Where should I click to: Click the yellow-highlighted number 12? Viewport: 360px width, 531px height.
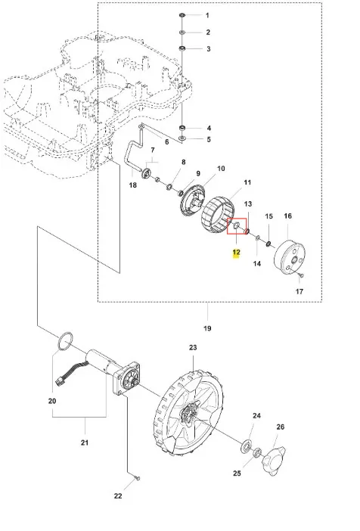click(236, 253)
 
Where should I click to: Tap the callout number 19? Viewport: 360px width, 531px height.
click(207, 328)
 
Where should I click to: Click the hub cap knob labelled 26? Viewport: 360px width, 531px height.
click(273, 458)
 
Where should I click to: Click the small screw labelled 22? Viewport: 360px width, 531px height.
click(138, 478)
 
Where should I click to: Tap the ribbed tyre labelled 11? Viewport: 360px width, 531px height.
click(219, 216)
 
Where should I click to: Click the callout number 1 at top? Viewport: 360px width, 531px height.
click(207, 15)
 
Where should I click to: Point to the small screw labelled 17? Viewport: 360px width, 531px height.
click(301, 275)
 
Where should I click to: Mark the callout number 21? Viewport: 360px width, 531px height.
click(84, 442)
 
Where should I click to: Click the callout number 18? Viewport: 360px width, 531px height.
click(133, 185)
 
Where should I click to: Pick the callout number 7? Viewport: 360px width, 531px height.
click(153, 150)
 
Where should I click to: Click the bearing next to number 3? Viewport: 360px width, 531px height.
click(182, 48)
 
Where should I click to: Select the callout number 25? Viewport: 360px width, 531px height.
click(237, 473)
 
